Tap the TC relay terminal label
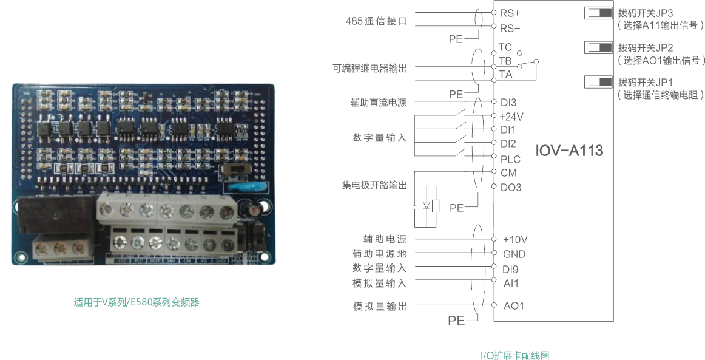point(505,47)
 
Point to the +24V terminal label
point(511,116)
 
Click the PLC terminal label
point(510,159)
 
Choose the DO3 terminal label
point(510,188)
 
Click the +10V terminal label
point(515,239)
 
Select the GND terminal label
point(514,254)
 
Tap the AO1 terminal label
point(513,305)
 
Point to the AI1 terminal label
point(511,284)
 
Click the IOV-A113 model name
point(569,151)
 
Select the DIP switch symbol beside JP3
point(598,13)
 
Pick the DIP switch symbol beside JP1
point(598,82)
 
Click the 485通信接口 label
point(375,21)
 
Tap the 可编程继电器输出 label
point(369,68)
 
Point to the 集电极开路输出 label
point(374,185)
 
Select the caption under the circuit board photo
point(137,302)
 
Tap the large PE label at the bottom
point(456,320)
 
